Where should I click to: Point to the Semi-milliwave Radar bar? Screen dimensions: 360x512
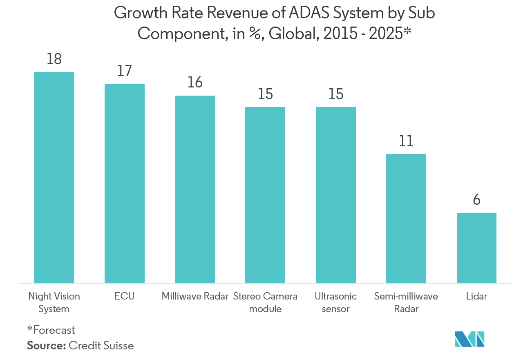pos(406,218)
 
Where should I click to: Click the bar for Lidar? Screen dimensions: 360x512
pos(476,248)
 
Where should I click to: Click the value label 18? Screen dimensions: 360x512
pos(54,59)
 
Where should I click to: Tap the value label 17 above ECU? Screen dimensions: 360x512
pos(125,71)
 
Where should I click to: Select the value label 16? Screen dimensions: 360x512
pos(195,83)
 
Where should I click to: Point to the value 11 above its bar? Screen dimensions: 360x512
pos(406,141)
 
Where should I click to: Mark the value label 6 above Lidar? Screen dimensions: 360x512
pos(476,200)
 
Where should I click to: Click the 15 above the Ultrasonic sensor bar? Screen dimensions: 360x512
pos(336,94)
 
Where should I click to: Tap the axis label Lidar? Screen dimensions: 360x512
pos(476,296)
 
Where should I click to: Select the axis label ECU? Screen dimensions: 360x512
pos(125,296)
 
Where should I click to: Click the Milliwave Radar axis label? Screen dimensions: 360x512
pos(195,296)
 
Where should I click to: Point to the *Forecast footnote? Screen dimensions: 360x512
pos(51,330)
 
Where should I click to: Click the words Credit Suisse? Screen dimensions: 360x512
pos(101,346)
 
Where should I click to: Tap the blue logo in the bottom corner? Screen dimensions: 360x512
pos(470,339)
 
